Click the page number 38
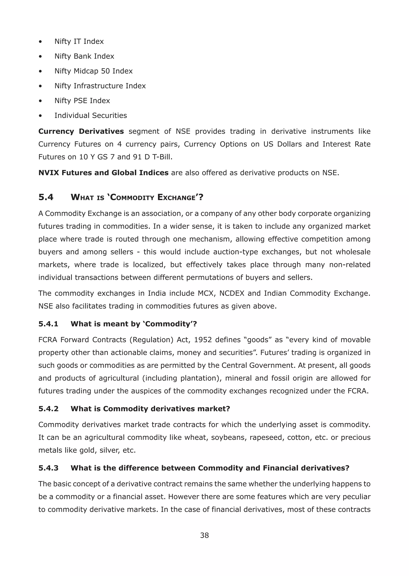click(x=204, y=535)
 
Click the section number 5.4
click(x=46, y=197)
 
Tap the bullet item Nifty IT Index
click(x=79, y=41)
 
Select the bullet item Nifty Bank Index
click(x=84, y=56)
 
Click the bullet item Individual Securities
click(x=91, y=116)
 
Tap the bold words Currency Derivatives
click(x=81, y=131)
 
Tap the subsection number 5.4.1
click(x=48, y=324)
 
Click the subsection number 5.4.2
click(x=48, y=409)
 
